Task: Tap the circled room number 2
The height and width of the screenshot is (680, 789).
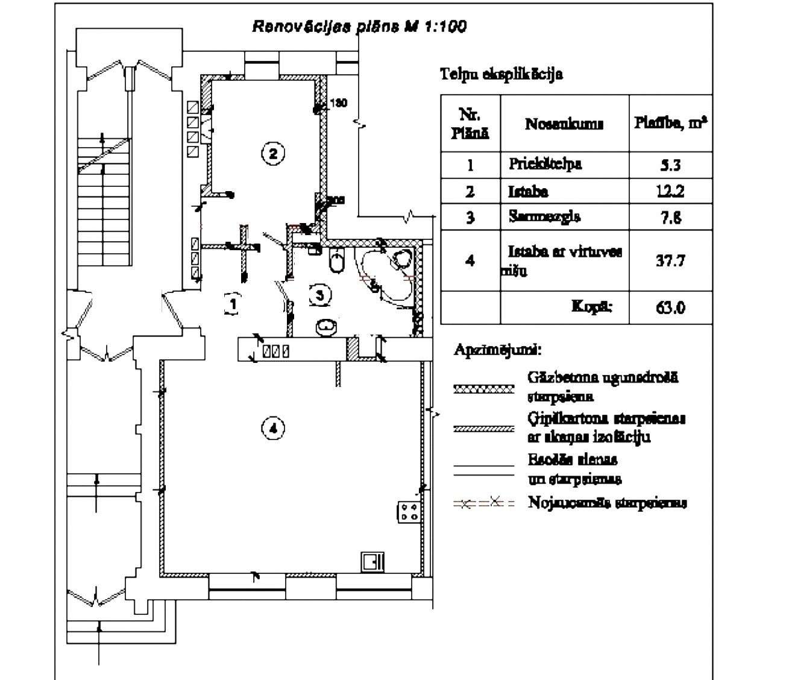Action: [272, 153]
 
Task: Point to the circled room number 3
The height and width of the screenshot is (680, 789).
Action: [320, 294]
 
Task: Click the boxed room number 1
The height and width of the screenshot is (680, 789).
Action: [233, 304]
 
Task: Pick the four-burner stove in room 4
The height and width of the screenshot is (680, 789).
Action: [409, 512]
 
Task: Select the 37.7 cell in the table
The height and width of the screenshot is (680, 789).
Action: [670, 260]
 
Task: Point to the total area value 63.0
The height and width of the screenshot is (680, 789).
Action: [670, 307]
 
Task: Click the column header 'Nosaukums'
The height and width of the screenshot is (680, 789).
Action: [564, 124]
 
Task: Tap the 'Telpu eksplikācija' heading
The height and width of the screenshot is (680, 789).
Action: [501, 75]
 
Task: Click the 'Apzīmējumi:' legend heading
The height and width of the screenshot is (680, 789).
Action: [497, 350]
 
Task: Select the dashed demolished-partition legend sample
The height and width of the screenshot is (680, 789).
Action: [483, 503]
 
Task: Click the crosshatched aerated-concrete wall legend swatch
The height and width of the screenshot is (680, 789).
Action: [483, 389]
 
